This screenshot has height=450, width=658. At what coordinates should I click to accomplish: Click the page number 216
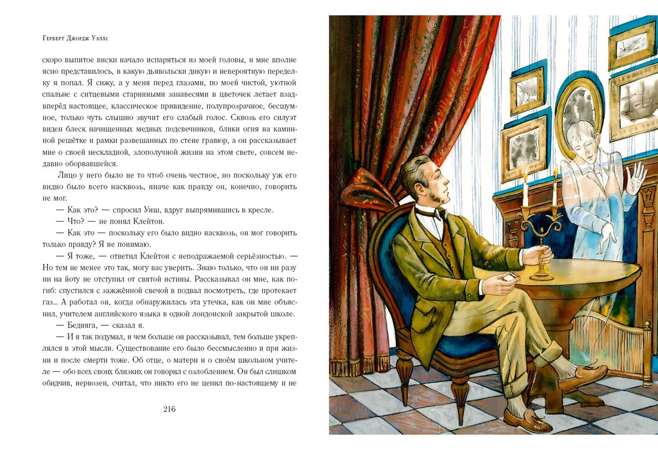click(x=169, y=409)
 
